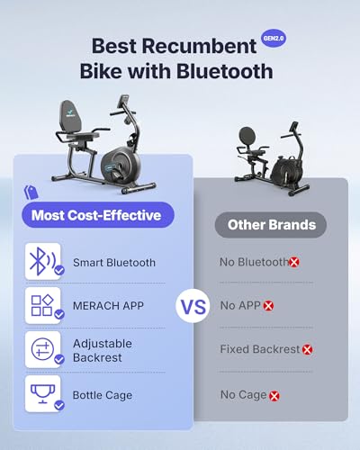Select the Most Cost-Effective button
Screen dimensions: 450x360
click(96, 214)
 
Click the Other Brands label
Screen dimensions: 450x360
click(270, 225)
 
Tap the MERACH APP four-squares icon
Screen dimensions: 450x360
click(40, 305)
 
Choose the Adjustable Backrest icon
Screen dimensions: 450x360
click(40, 349)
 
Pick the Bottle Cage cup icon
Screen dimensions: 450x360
click(40, 393)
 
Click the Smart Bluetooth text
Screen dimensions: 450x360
click(114, 263)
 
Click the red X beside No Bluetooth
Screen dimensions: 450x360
click(294, 262)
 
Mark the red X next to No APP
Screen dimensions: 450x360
click(268, 306)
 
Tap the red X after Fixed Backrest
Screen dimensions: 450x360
click(308, 349)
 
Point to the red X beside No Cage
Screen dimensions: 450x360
click(274, 394)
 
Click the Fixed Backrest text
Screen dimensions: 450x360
click(259, 349)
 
